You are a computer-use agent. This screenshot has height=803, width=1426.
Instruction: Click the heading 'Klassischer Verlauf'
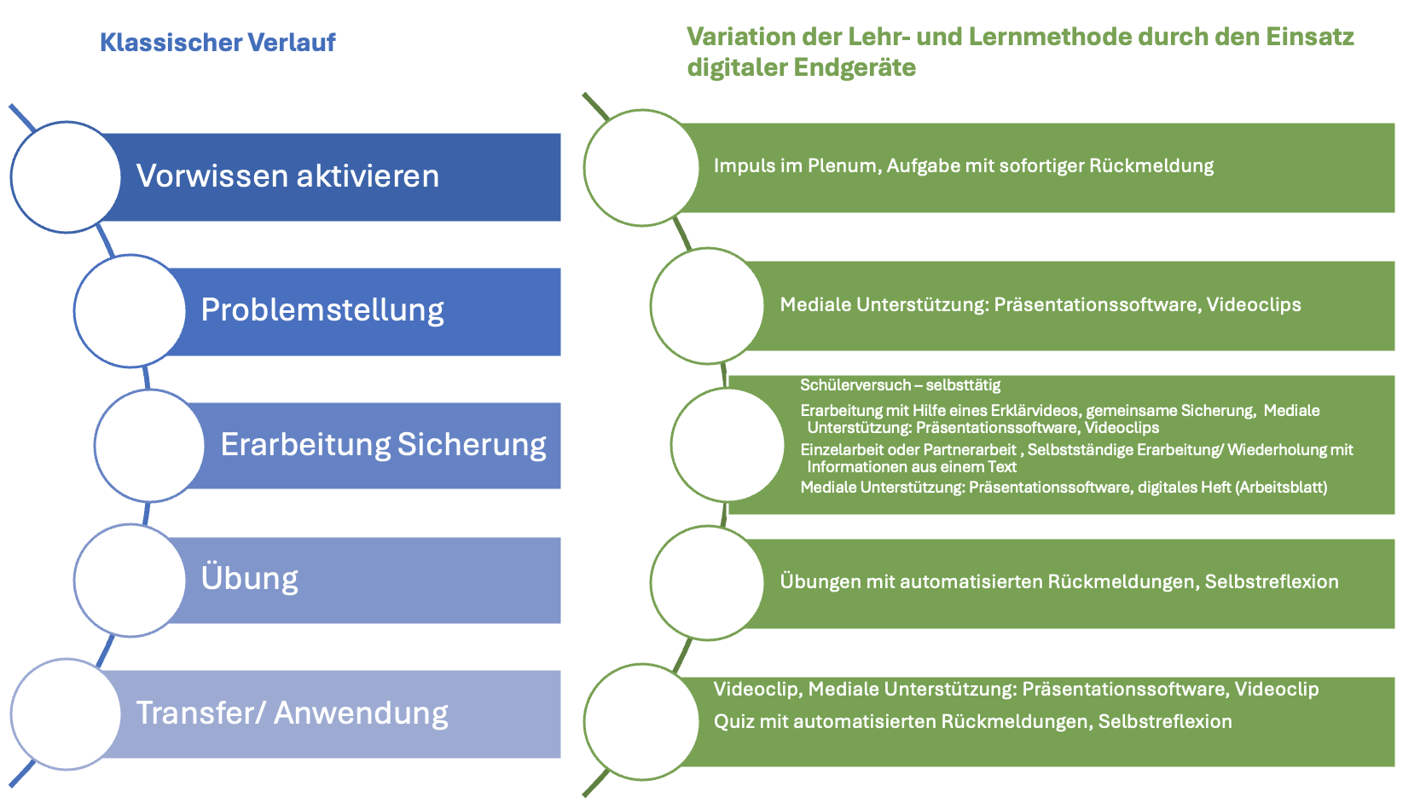(217, 42)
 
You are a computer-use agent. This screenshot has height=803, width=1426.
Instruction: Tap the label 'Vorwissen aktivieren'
(287, 176)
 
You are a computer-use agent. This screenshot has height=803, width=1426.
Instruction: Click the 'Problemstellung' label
(322, 310)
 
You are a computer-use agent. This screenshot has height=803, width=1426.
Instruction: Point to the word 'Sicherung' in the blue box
(472, 445)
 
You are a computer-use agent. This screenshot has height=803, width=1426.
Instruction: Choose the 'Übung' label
(249, 579)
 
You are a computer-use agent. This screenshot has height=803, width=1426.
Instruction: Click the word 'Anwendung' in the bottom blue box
(361, 713)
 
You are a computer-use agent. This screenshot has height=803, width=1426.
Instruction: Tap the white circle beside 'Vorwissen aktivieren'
(66, 176)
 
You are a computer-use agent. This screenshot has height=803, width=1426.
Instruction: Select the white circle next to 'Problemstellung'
(130, 310)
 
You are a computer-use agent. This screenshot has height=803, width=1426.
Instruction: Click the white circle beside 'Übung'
(130, 580)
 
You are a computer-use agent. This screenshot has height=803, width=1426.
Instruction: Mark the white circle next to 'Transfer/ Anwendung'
(66, 714)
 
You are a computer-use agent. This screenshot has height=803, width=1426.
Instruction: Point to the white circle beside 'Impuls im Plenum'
(641, 167)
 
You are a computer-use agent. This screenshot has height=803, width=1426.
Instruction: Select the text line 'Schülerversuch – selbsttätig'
(900, 385)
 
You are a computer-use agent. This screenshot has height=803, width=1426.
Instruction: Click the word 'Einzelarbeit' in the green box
(841, 450)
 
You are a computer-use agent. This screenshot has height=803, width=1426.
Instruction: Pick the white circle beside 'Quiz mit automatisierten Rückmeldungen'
(641, 722)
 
